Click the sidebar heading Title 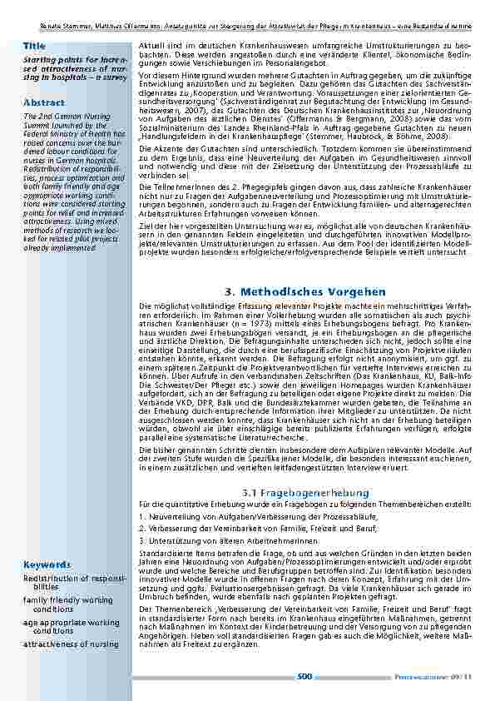[x=34, y=45]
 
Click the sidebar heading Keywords [x=47, y=564]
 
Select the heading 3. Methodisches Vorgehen [x=305, y=291]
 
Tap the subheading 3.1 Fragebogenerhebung [x=305, y=494]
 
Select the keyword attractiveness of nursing [x=71, y=644]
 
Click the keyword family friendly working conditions [x=68, y=604]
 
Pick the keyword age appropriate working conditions [x=71, y=626]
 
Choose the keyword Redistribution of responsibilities [x=74, y=581]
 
